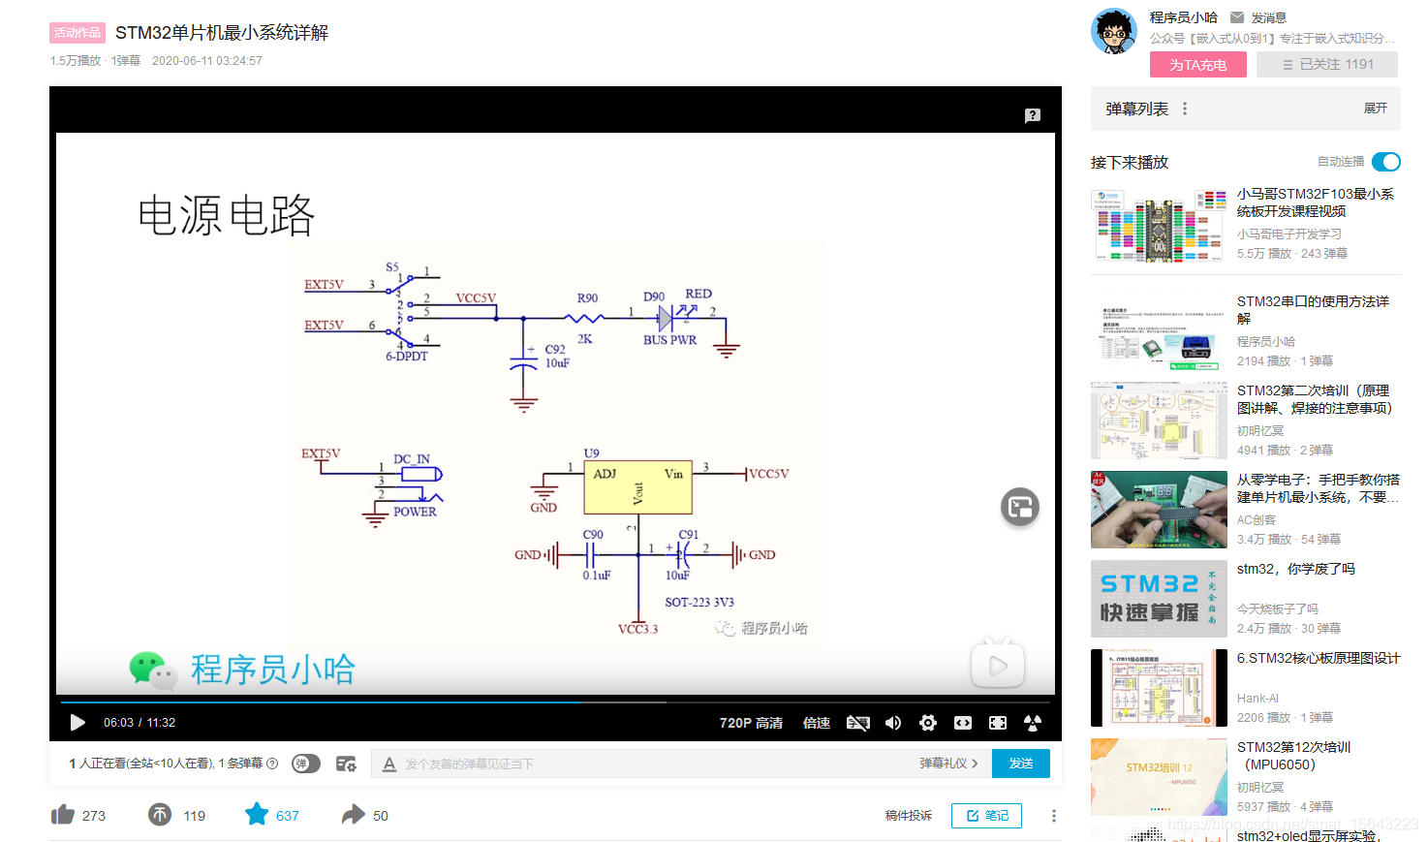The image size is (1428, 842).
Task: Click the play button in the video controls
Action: (78, 723)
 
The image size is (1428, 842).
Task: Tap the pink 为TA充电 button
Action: (1197, 65)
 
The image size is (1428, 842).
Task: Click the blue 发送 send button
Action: (1021, 764)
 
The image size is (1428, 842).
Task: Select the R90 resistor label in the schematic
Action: (587, 298)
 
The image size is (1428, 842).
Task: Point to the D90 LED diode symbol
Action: (666, 318)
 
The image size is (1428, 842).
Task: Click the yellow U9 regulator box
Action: (637, 486)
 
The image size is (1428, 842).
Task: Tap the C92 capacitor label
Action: (555, 349)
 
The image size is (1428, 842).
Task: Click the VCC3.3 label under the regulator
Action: (637, 629)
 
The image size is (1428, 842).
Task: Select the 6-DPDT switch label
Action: (407, 357)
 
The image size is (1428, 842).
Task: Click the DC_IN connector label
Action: (412, 459)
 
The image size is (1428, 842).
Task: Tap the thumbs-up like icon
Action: (63, 815)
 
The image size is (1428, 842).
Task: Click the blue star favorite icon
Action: (257, 815)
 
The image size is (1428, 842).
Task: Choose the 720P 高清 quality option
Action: (751, 723)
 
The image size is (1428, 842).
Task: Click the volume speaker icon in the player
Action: (893, 723)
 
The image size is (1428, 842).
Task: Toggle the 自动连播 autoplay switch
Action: (1386, 162)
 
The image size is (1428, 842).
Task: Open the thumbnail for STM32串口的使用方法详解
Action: (1159, 331)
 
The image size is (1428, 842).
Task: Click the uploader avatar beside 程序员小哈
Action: (1114, 32)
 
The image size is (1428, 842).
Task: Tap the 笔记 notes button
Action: (986, 816)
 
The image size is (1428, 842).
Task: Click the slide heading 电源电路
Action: (227, 215)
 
